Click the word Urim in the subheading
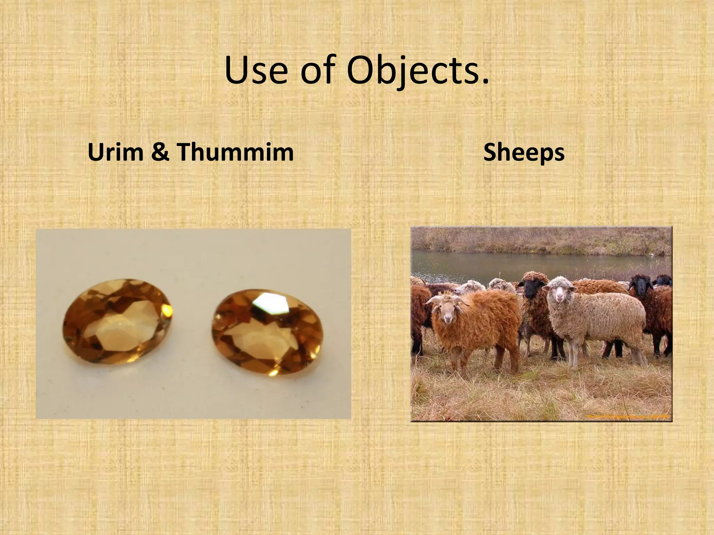click(115, 153)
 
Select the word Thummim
click(236, 153)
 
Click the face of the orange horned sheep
click(447, 310)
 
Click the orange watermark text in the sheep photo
click(628, 416)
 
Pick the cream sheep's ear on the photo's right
click(572, 289)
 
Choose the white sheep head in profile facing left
click(465, 288)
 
